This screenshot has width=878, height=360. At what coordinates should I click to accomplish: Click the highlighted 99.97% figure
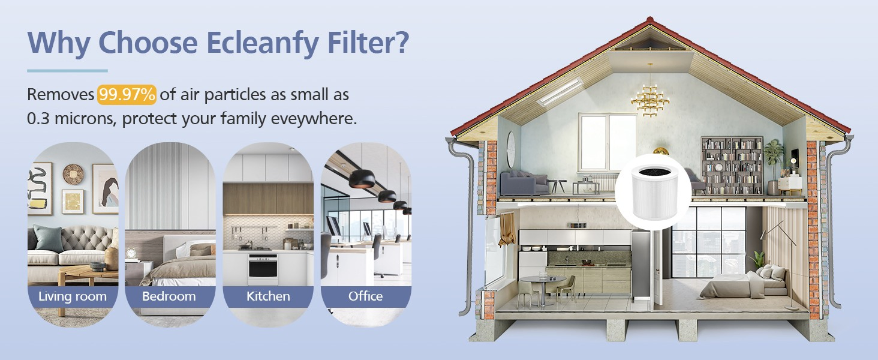tap(127, 95)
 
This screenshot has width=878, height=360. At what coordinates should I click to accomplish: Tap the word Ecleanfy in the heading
tap(263, 43)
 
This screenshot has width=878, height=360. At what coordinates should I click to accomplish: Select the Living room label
tap(73, 296)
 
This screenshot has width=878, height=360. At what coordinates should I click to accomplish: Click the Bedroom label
tap(169, 296)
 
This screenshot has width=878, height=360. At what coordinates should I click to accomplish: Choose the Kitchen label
tap(268, 296)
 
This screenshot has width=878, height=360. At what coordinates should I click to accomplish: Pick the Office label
tap(366, 296)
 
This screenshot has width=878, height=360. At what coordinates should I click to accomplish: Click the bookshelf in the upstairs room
tap(732, 165)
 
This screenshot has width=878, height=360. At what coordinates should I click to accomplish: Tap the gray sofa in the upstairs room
tap(524, 183)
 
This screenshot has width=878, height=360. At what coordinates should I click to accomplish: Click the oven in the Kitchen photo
tap(263, 269)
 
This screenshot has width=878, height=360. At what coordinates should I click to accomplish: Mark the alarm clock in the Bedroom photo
tap(131, 253)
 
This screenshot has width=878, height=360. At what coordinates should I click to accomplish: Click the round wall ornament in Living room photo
tap(73, 174)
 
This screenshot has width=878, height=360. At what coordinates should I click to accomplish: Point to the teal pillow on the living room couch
tap(48, 238)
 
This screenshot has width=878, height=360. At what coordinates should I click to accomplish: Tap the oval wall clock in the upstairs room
tap(511, 149)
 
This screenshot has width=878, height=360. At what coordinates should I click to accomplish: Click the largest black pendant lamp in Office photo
tap(362, 179)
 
